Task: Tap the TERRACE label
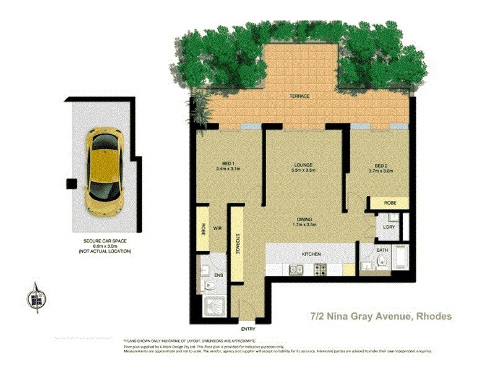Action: click(299, 96)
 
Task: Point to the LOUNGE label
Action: click(303, 165)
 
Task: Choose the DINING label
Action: click(303, 219)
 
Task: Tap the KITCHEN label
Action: click(311, 254)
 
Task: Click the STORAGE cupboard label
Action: click(237, 242)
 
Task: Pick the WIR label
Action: click(218, 229)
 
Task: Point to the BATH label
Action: click(381, 250)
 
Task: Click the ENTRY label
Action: click(248, 329)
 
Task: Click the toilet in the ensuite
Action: click(209, 285)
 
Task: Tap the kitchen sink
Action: click(295, 269)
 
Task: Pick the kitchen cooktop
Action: click(321, 269)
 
